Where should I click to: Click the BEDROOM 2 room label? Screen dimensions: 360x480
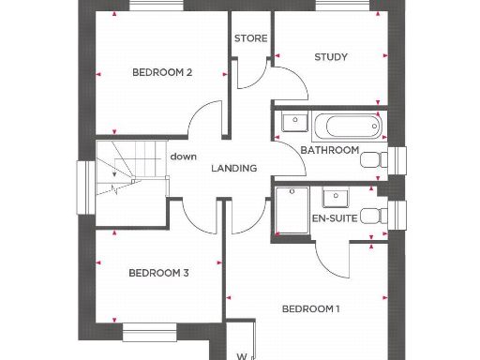162,72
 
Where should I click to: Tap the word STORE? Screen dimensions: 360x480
251,39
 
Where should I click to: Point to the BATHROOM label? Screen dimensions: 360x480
329,150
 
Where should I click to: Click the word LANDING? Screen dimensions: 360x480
233,169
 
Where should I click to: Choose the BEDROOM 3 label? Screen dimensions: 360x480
158,273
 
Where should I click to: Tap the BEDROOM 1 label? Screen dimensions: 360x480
311,309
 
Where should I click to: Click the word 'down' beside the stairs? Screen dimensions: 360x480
183,157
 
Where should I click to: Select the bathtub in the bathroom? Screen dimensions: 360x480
346,124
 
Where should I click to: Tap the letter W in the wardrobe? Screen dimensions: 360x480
241,355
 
